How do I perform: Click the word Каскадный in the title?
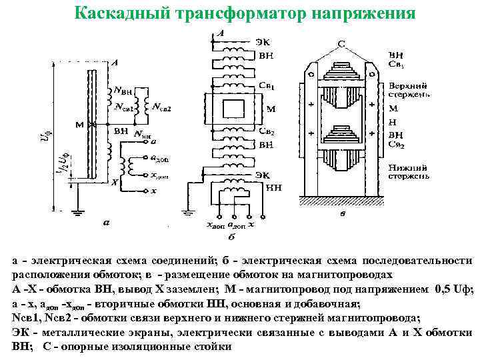tap(115, 13)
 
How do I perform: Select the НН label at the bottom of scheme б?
tap(274, 188)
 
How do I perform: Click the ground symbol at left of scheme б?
tap(191, 213)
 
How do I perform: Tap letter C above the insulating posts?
tap(341, 44)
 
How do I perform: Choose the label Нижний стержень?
tap(407, 173)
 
